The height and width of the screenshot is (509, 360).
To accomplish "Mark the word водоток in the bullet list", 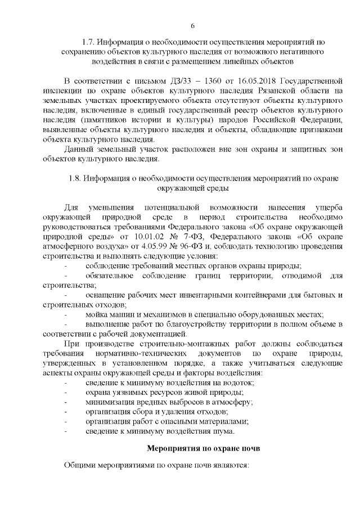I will [238, 383].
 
